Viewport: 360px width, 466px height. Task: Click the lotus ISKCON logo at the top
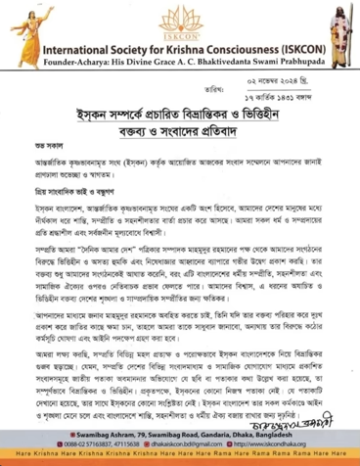pyautogui.click(x=179, y=21)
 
